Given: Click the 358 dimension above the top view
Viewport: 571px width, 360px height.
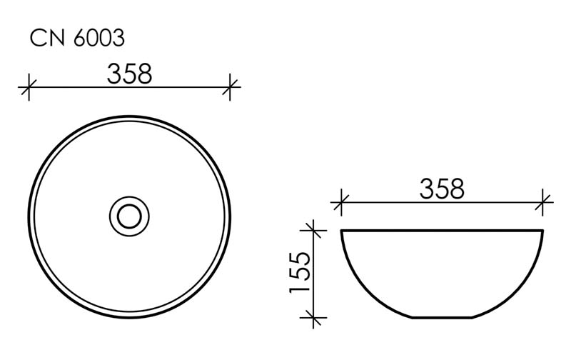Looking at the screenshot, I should (x=129, y=74).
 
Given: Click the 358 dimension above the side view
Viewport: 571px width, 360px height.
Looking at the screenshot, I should (x=441, y=189).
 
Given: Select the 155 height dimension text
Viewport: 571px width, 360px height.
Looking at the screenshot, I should (x=298, y=272).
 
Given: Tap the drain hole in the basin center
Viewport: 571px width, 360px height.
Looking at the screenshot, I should (x=129, y=214).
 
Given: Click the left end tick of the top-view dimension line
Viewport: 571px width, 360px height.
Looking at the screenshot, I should (x=28, y=88).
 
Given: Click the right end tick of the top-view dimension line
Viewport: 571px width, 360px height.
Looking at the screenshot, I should (x=230, y=88).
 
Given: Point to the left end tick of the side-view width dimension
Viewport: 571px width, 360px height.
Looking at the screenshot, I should (x=341, y=203).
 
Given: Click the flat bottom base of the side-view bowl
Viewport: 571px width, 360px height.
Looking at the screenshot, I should (x=443, y=316).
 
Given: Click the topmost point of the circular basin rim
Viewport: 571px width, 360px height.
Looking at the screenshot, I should (x=129, y=116).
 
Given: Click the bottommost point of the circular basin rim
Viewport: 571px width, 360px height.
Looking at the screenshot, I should (x=129, y=316).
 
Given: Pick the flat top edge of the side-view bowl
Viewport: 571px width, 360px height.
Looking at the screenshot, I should (x=443, y=231).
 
